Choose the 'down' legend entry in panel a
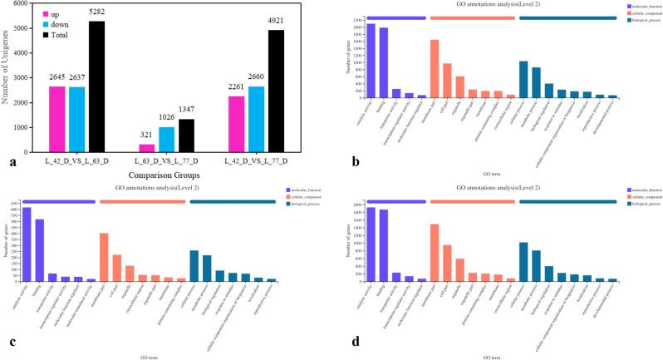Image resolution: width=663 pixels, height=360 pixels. click(66, 25)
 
